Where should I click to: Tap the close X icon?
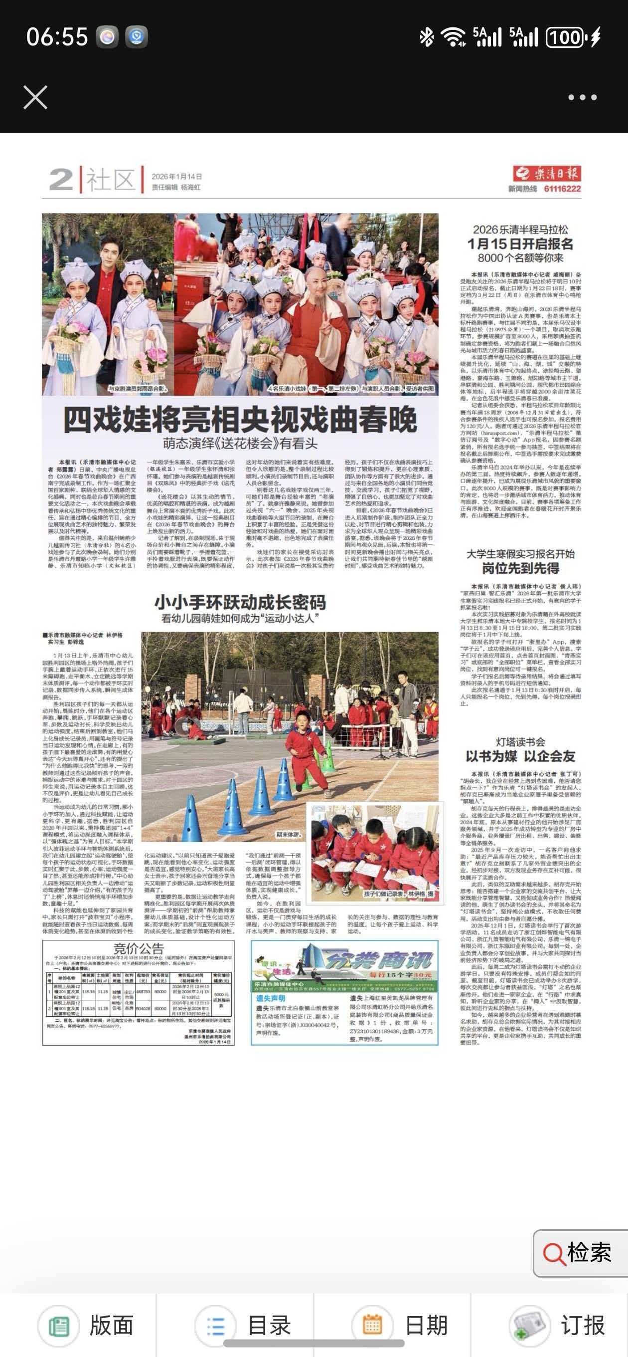tap(35, 97)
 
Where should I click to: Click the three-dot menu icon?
tap(582, 97)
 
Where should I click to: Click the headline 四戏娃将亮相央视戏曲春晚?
tap(240, 420)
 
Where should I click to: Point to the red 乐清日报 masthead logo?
tap(547, 173)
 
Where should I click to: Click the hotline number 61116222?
tap(562, 189)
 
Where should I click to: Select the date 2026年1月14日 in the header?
tap(176, 177)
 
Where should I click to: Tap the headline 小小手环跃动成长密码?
tap(240, 602)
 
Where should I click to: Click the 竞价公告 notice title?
tap(139, 949)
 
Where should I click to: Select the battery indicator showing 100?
tap(566, 37)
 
